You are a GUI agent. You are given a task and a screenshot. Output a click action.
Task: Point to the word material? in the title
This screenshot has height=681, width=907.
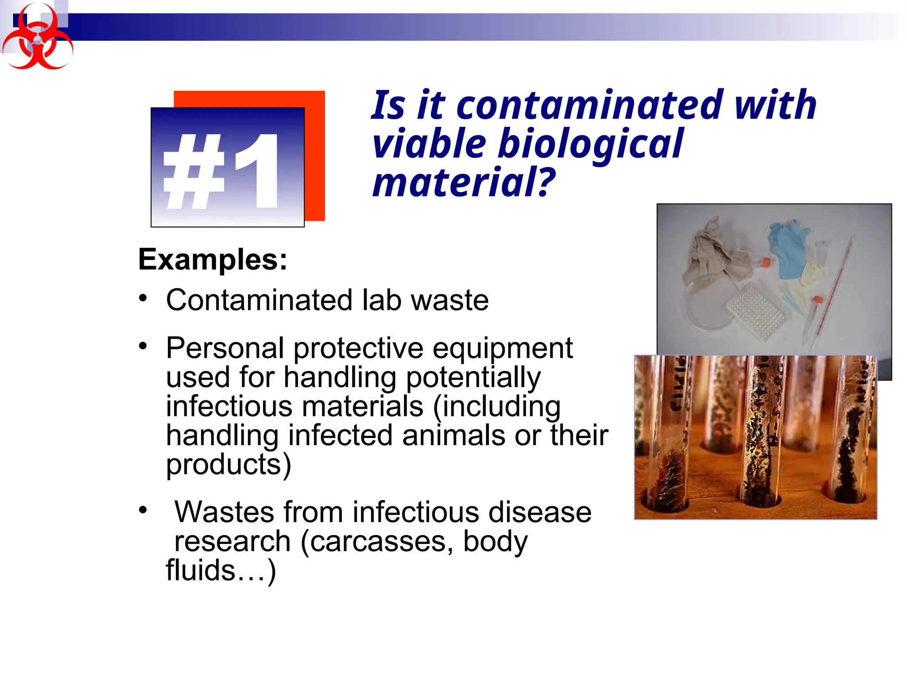click(x=463, y=182)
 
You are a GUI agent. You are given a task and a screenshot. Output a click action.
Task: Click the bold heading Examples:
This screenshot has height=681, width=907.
click(x=213, y=259)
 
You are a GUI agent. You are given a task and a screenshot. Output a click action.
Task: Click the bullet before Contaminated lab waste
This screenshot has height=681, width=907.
click(x=143, y=297)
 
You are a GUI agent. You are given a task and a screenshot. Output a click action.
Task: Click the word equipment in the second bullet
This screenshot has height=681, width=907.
click(x=502, y=349)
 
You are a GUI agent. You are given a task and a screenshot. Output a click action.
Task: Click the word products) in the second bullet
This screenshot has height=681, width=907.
click(x=229, y=465)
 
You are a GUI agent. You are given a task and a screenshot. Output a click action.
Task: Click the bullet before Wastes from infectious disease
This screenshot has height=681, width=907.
click(x=143, y=510)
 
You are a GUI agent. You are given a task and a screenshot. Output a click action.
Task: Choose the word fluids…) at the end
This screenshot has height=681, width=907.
click(x=221, y=571)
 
